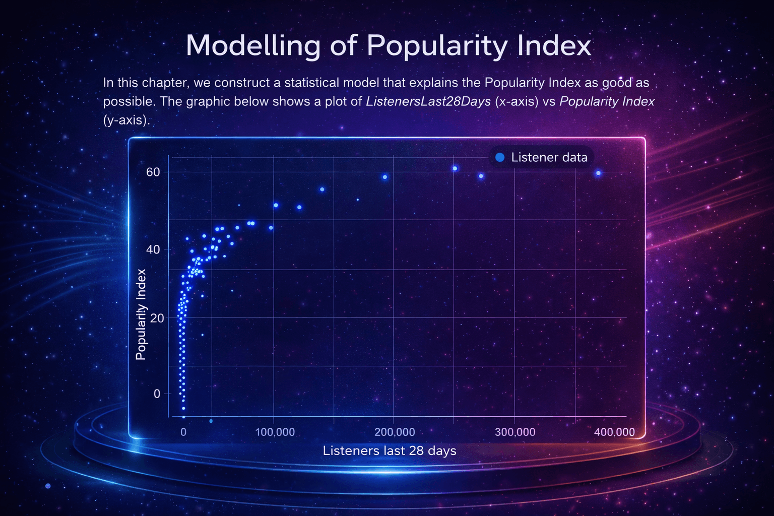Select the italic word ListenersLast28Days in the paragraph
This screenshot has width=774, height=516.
[x=428, y=101]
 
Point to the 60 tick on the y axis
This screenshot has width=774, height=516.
[x=153, y=172]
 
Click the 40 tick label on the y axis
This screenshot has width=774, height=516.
[x=153, y=249]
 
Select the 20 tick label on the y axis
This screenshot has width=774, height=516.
[x=157, y=318]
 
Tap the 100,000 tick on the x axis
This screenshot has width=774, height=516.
[x=275, y=432]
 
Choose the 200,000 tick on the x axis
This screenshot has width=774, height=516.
[x=395, y=432]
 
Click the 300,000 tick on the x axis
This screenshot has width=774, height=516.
[x=515, y=432]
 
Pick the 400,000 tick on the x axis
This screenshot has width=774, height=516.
[x=614, y=432]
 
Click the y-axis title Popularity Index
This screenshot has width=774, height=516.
[x=141, y=314]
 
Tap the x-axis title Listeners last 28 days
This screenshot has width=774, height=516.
[x=390, y=450]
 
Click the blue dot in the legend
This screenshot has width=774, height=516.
[x=500, y=158]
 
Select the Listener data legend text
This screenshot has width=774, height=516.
[x=549, y=158]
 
